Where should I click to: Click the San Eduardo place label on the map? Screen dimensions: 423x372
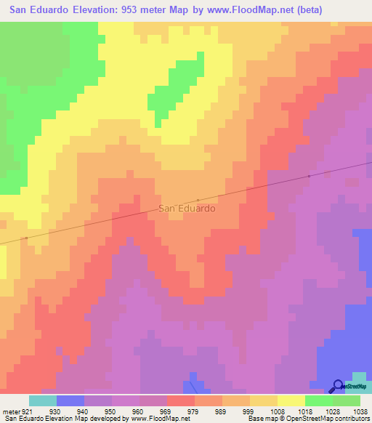pyautogui.click(x=187, y=208)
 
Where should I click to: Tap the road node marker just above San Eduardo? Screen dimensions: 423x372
pyautogui.click(x=198, y=200)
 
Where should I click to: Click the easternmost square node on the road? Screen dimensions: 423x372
pyautogui.click(x=309, y=176)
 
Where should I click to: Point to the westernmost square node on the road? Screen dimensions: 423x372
pyautogui.click(x=26, y=238)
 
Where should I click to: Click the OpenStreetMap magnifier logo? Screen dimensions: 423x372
pyautogui.click(x=337, y=387)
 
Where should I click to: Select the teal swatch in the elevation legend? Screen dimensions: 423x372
pyautogui.click(x=43, y=400)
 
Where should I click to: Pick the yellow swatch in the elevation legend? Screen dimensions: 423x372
pyautogui.click(x=291, y=400)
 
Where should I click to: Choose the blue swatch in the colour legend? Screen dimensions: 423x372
pyautogui.click(x=70, y=400)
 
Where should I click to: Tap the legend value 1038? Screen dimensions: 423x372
pyautogui.click(x=360, y=411)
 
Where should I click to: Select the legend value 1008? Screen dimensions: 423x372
pyautogui.click(x=277, y=411)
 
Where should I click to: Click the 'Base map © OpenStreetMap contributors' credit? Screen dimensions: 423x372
pyautogui.click(x=307, y=419)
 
